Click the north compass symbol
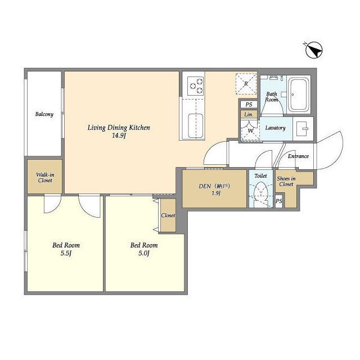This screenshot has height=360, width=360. click(x=314, y=50)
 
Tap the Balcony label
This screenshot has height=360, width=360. click(x=44, y=114)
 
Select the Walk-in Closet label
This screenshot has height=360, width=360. click(x=45, y=178)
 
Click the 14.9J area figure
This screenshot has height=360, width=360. click(x=119, y=136)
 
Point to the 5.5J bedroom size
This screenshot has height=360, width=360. click(x=66, y=253)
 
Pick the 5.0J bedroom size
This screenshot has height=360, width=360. click(x=144, y=253)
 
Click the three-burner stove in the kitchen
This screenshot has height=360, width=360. click(x=196, y=86)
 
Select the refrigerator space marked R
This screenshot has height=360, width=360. click(x=246, y=84)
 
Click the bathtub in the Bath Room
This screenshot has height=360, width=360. click(x=299, y=94)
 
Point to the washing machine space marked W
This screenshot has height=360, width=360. click(x=250, y=130)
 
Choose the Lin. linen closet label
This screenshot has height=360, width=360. click(x=249, y=114)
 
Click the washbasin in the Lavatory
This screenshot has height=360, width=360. click(x=303, y=129)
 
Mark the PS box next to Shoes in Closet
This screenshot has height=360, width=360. click(x=279, y=201)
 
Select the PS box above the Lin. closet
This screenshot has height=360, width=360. click(x=249, y=105)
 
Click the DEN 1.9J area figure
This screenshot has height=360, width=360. click(x=216, y=193)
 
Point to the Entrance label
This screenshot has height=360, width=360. click(x=298, y=156)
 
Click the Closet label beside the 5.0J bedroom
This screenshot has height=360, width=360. click(x=168, y=215)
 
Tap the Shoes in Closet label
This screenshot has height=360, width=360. click(x=286, y=181)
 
